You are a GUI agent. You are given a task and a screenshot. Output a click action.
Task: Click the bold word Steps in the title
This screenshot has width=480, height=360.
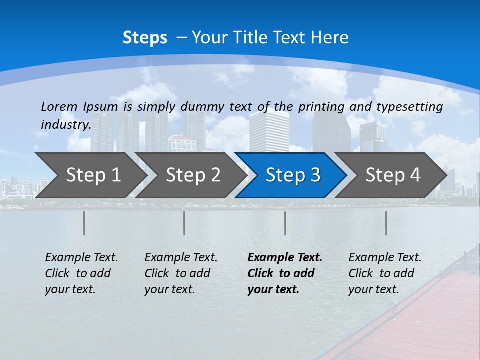[x=145, y=38]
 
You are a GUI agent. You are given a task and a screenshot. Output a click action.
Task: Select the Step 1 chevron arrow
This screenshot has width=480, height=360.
[x=90, y=175]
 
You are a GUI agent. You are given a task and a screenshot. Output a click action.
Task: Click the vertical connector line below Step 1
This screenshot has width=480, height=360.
[x=84, y=223]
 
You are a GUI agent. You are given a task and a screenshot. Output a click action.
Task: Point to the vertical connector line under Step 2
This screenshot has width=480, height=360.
[x=184, y=223]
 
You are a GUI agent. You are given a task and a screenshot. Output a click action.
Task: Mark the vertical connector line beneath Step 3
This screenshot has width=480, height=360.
[x=285, y=223]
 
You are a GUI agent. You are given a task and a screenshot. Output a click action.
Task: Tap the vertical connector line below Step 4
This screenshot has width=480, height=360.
[x=386, y=223]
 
